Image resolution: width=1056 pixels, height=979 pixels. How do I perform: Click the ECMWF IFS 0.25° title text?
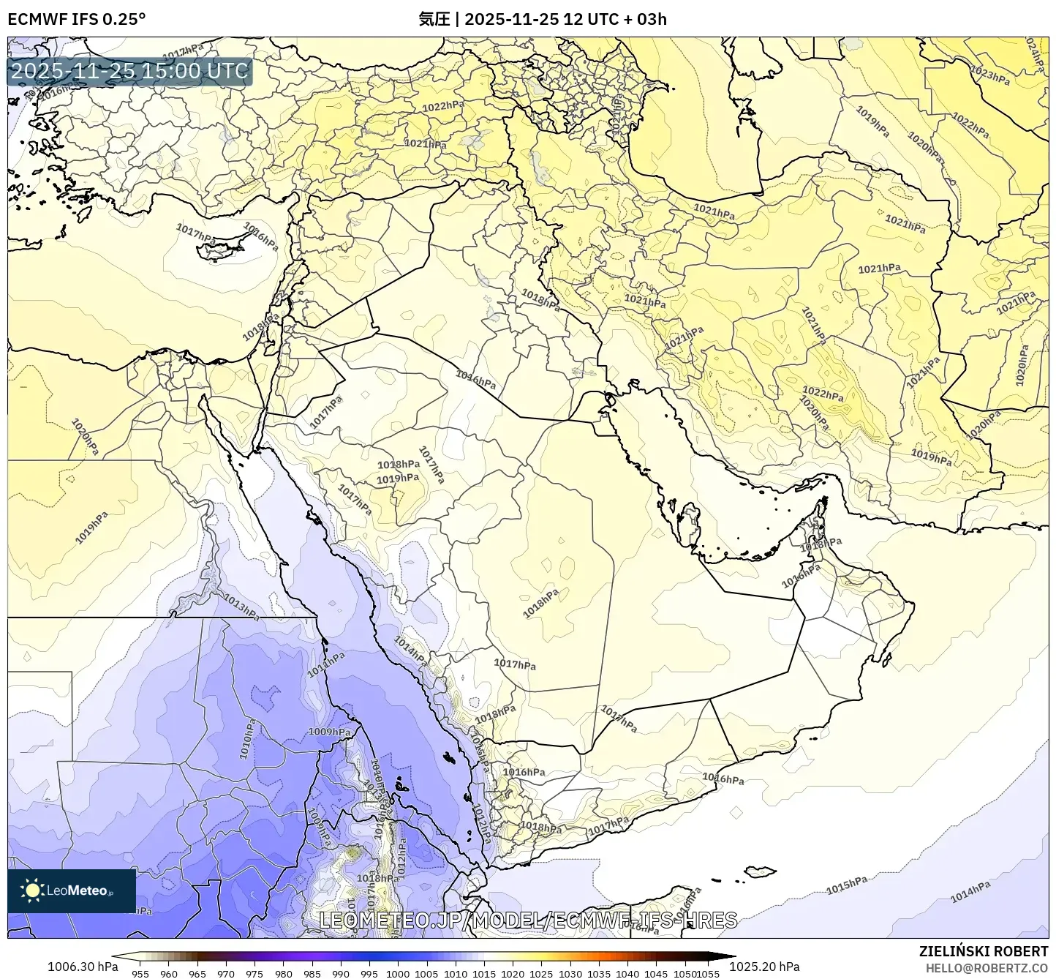(76, 19)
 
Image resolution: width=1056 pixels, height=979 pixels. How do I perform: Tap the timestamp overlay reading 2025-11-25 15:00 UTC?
(129, 71)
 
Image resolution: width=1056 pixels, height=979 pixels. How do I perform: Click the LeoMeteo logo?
(71, 890)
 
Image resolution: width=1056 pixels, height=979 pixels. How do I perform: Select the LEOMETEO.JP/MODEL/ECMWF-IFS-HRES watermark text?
(528, 920)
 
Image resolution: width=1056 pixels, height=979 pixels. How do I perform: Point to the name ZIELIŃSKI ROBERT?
(984, 951)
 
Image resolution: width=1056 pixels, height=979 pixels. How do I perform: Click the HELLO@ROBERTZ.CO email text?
(987, 967)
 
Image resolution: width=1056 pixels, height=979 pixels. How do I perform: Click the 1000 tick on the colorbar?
(398, 973)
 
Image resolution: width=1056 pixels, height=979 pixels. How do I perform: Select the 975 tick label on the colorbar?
(254, 973)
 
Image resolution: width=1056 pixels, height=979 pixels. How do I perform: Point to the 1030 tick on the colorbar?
(570, 973)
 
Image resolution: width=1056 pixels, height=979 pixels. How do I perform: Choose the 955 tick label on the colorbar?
(140, 973)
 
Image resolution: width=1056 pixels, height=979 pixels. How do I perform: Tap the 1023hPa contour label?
(990, 75)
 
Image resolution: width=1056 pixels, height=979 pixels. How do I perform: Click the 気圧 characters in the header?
(434, 19)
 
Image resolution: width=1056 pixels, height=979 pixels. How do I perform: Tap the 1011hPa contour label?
(326, 664)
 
